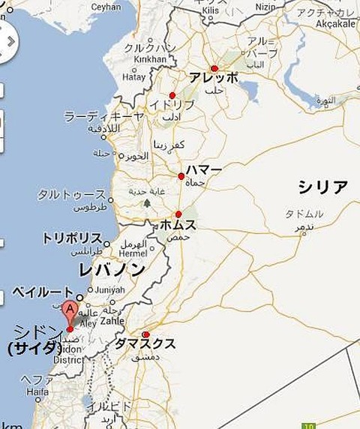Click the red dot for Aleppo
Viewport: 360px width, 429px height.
click(x=214, y=68)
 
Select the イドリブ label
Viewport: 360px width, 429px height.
click(x=166, y=105)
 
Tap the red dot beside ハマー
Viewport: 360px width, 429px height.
click(x=181, y=176)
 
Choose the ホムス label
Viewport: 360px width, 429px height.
click(x=178, y=225)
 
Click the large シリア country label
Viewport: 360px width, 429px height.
click(x=322, y=187)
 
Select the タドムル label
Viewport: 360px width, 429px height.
click(x=304, y=214)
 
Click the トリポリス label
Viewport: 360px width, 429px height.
click(x=71, y=238)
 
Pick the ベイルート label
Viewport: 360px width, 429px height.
click(x=43, y=292)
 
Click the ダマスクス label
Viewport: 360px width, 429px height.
click(x=145, y=344)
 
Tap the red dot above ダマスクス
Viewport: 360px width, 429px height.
click(x=145, y=334)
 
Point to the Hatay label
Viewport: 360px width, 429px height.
click(x=134, y=76)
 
